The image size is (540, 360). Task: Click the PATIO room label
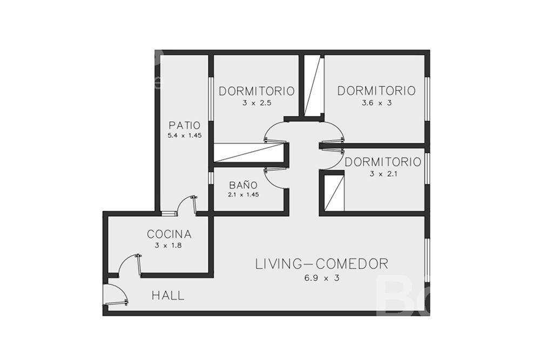pos(184,125)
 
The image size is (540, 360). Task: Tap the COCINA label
pos(169,234)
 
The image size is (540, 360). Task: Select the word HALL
pos(168,295)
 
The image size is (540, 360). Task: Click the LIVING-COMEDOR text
pos(322,264)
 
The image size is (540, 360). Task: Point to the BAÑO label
pos(243,185)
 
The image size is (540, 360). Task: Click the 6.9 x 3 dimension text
pos(322,278)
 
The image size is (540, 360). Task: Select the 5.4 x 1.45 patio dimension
pos(184,135)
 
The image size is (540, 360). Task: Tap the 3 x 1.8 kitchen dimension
pos(168,246)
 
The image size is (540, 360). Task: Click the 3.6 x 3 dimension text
pos(376,103)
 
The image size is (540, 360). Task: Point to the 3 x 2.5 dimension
pos(257,103)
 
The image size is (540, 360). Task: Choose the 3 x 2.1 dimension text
pos(383,174)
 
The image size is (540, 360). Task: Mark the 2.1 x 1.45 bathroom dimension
pos(243,195)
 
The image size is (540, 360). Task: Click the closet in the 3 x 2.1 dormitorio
pos(334,192)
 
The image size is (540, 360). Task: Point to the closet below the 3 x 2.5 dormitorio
pos(248,152)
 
